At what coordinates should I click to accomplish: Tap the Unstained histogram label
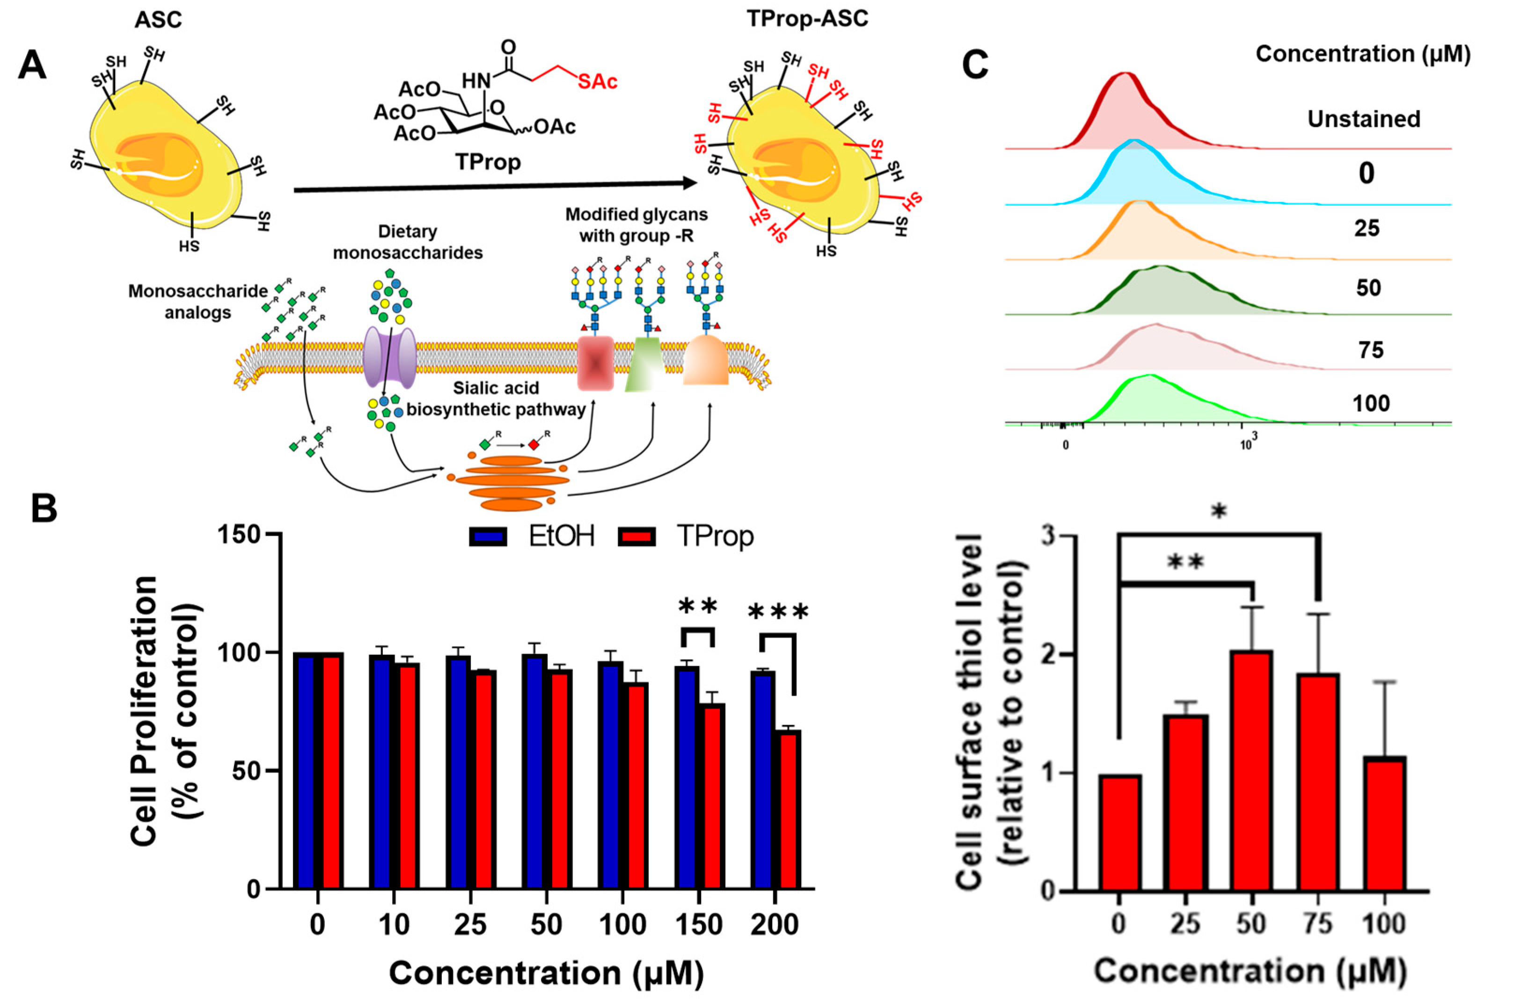[x=1363, y=119]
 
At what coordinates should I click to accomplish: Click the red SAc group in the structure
[x=597, y=82]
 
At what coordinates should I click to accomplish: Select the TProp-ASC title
[x=807, y=19]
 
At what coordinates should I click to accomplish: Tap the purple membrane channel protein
[x=389, y=358]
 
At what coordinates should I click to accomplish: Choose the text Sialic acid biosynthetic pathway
[x=496, y=399]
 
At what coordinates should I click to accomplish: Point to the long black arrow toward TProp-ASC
[x=492, y=186]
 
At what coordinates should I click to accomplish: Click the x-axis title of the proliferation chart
[x=547, y=973]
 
